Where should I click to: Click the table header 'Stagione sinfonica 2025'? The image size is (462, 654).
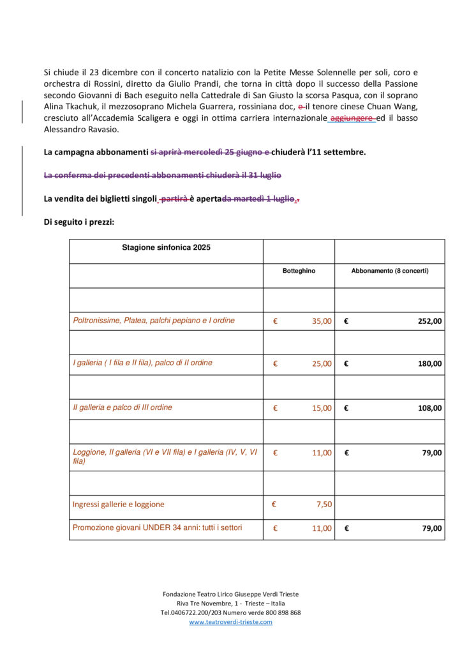[166, 248]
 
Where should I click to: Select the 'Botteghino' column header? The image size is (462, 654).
[299, 271]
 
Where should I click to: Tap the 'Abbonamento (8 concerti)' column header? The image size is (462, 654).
[389, 271]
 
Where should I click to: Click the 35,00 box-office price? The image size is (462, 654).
[322, 321]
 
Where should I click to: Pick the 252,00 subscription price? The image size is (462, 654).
[429, 321]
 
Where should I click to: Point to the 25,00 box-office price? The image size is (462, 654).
[322, 363]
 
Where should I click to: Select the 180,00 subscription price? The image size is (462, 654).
[429, 363]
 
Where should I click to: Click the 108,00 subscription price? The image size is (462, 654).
[429, 408]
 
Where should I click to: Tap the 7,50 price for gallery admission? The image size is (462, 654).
[324, 505]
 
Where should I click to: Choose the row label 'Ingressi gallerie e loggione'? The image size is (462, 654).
[118, 505]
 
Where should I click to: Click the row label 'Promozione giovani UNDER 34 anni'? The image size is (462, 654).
[157, 528]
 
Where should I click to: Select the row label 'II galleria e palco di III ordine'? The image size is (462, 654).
[123, 407]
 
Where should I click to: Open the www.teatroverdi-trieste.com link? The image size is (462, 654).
[230, 622]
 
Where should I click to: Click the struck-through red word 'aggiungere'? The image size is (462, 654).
[352, 118]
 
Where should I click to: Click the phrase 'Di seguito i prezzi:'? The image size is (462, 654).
[79, 222]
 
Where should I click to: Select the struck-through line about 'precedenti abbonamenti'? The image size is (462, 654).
[162, 175]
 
